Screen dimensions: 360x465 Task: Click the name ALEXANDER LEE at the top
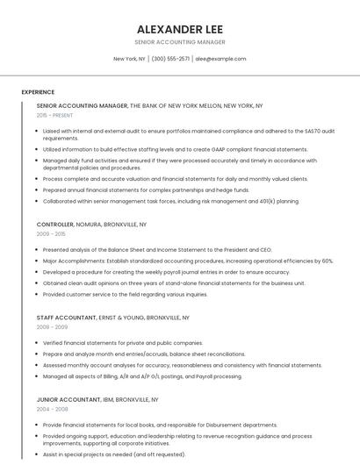click(179, 28)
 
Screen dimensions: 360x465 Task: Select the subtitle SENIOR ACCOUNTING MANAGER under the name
click(179, 42)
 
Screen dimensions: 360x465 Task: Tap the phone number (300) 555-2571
click(170, 59)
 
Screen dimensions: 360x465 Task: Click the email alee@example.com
click(220, 59)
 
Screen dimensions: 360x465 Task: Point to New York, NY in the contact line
click(129, 59)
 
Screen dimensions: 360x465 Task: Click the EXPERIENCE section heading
click(38, 92)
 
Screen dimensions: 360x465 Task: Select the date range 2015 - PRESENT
click(55, 115)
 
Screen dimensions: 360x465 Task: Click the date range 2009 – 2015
click(51, 234)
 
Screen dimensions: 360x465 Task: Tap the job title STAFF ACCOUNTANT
click(65, 317)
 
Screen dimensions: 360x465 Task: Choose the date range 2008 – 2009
click(52, 326)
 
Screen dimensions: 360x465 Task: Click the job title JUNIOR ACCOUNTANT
click(67, 399)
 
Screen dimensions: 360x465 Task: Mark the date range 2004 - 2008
click(52, 409)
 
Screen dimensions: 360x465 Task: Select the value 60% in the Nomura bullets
click(326, 261)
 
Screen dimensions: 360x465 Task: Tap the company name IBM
click(107, 399)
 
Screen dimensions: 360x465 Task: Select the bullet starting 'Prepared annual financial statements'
click(146, 190)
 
